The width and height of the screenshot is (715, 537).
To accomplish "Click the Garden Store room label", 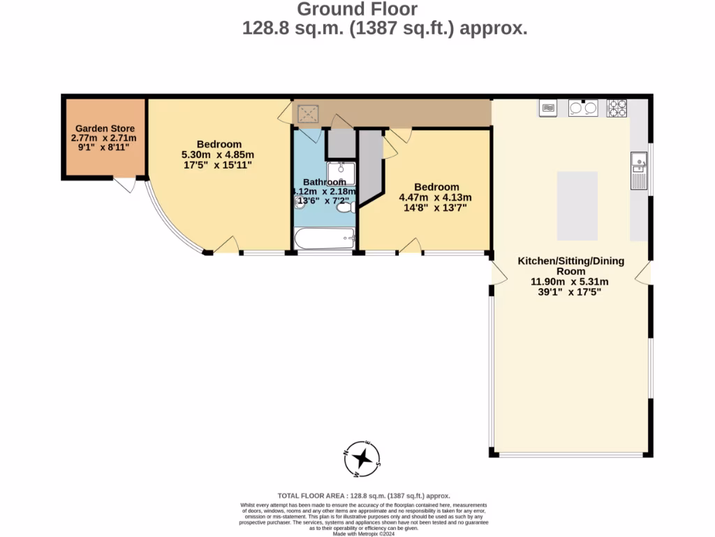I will click(x=105, y=129).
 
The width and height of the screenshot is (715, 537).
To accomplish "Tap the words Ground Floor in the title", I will click(x=357, y=9).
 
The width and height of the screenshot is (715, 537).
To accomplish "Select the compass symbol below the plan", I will click(x=362, y=459).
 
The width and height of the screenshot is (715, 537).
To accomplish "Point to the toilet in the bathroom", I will click(x=344, y=206).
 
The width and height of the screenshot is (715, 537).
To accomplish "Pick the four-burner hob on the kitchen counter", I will click(x=617, y=108).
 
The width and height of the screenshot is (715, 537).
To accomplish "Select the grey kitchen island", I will click(x=577, y=206).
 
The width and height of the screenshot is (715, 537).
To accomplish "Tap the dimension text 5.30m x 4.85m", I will click(x=218, y=155).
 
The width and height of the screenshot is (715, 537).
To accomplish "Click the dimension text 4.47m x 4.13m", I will click(x=435, y=197).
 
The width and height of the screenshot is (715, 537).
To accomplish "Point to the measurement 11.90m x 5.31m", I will click(x=570, y=282).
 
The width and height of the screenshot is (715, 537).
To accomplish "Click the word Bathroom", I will click(x=324, y=182).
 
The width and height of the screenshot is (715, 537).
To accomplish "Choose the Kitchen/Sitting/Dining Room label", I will click(x=570, y=266).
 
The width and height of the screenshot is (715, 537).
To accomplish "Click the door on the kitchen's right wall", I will click(x=644, y=273).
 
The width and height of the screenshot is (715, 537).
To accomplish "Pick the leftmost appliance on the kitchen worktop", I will click(x=549, y=108).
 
